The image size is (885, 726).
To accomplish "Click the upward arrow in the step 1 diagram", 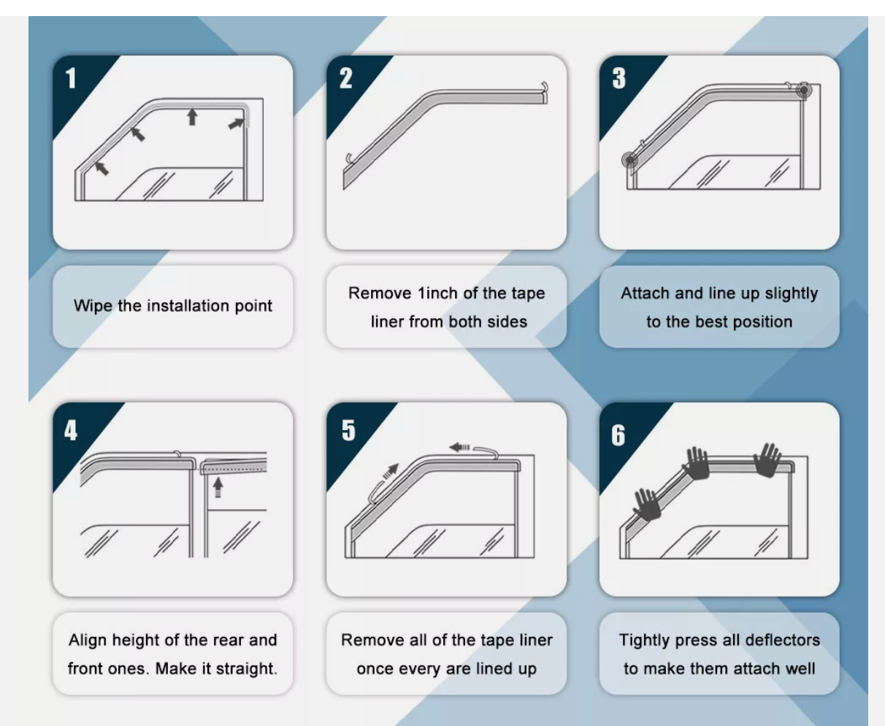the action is point(192,117).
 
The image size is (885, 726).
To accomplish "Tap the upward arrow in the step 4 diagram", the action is point(218,488).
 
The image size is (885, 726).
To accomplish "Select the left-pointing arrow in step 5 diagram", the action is point(459,447).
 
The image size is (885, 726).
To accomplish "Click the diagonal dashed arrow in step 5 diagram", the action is point(390,471).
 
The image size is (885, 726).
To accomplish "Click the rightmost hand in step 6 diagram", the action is point(767,460).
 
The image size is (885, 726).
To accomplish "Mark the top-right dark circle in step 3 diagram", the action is point(804,91).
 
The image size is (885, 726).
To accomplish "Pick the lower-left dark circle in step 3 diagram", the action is point(629,160).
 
